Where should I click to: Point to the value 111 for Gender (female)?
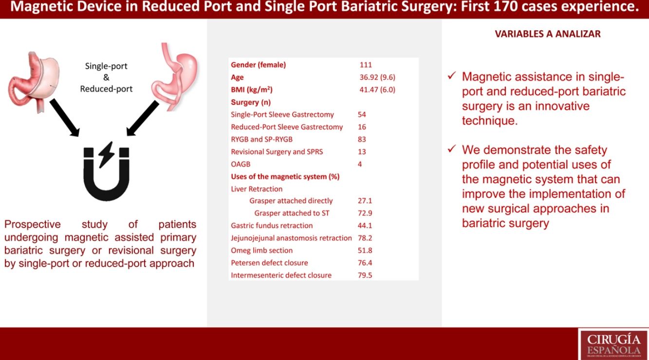coord(365,65)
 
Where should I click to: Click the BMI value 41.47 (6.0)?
coord(378,90)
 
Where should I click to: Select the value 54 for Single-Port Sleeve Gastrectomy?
coord(362,114)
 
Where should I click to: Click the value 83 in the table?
coord(362,139)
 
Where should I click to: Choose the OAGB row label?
coord(241,164)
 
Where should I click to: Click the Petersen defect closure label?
coord(269,263)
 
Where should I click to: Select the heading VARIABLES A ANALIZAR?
coord(547,34)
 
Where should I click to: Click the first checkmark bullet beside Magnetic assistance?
coord(452,76)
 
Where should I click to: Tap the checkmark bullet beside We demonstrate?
coord(452,150)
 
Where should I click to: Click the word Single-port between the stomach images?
coord(106,66)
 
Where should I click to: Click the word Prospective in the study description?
coord(32,225)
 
